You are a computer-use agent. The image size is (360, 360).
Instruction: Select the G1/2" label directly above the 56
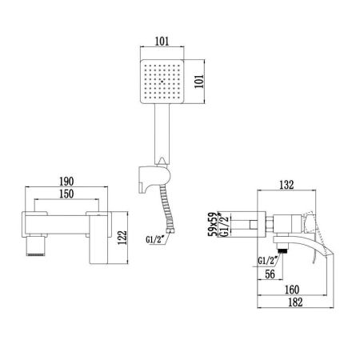pos(269,258)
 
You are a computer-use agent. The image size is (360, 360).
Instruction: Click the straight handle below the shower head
pos(164,132)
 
